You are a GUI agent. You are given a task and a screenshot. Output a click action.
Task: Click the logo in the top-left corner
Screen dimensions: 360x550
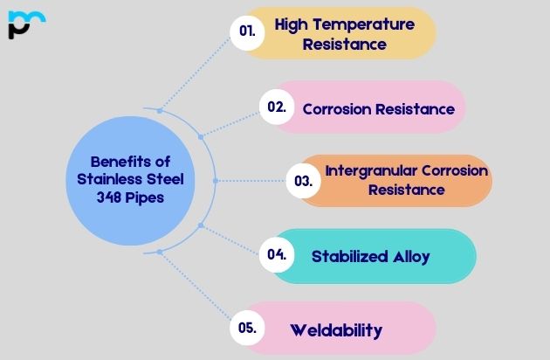click(26, 24)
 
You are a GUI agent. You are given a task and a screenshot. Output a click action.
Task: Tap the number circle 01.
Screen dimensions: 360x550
click(247, 31)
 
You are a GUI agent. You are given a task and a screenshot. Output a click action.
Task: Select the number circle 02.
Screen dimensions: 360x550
click(276, 107)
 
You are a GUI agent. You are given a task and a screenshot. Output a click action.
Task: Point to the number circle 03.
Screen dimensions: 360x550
click(303, 182)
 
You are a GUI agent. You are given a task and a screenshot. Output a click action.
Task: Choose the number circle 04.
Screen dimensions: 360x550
click(277, 255)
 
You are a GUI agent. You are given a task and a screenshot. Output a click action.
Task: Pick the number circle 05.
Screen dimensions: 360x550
click(246, 329)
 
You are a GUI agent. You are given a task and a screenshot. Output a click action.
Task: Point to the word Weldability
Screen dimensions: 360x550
click(336, 330)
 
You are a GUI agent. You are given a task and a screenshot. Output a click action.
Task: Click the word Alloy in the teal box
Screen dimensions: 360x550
click(412, 256)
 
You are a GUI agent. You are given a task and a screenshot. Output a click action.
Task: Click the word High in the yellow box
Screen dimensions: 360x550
click(291, 24)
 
